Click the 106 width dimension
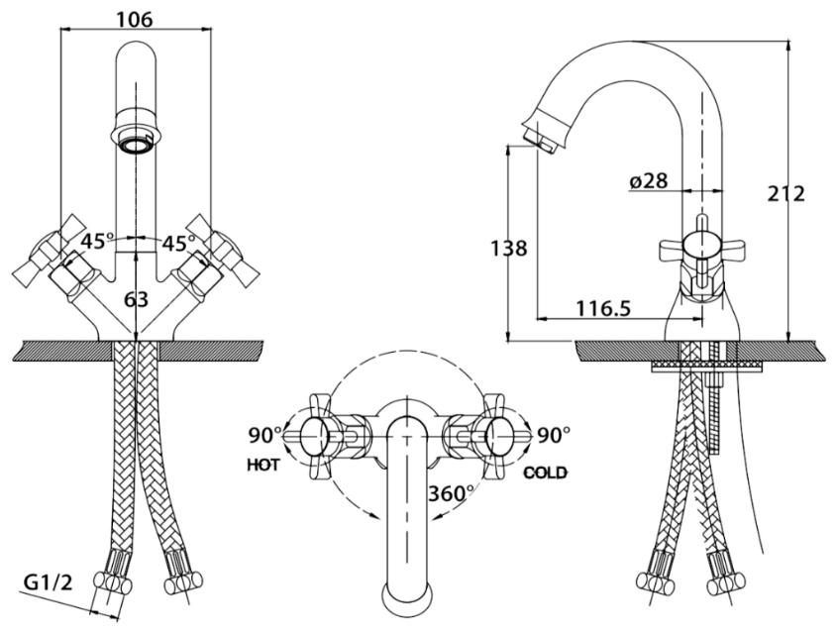136,16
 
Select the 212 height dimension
787,194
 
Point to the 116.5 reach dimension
603,308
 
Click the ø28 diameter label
648,181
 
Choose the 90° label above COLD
554,434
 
